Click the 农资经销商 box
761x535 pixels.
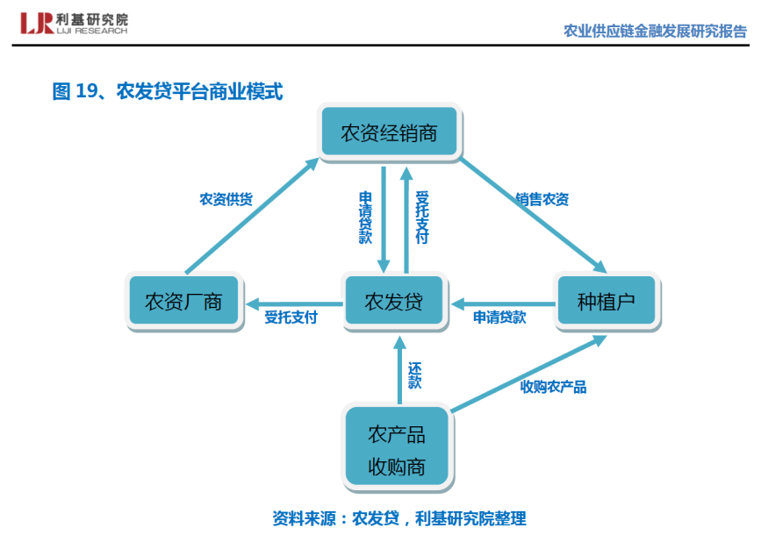point(389,133)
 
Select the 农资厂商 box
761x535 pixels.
point(184,303)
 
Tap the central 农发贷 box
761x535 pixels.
point(394,303)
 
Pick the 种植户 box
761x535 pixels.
point(606,303)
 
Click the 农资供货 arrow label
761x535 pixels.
point(226,199)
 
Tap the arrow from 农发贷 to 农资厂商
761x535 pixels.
point(293,303)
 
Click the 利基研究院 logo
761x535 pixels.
point(75,24)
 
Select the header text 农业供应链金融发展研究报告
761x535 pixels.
point(655,32)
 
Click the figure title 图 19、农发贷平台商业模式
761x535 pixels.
point(168,90)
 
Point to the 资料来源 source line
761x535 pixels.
point(399,517)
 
